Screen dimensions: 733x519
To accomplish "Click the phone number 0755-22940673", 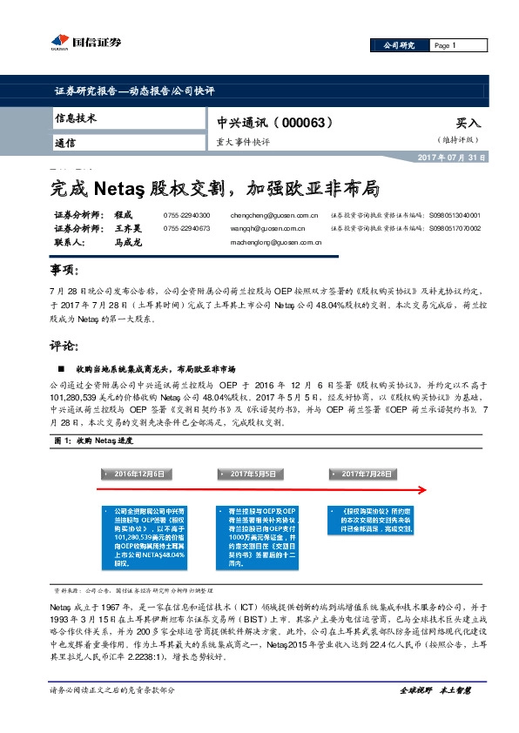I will tap(186, 228).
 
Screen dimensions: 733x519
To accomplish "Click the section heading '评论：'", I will tap(64, 346).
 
